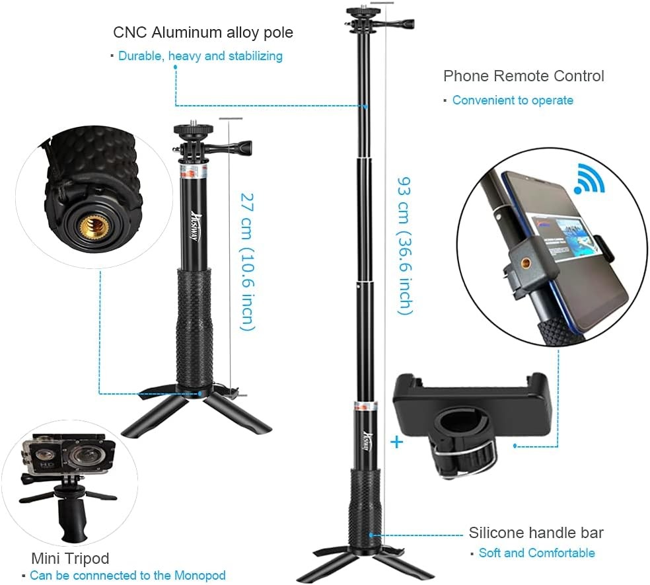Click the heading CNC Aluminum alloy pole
point(203,32)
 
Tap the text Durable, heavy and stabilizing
point(200,56)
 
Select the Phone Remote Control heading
point(523,76)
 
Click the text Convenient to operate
point(513,100)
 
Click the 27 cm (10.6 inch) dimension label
point(246,261)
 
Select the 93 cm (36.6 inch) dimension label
point(404,245)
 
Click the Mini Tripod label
point(70,558)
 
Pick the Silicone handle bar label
point(536,533)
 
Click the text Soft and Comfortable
point(536,553)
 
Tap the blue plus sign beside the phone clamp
point(396,442)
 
